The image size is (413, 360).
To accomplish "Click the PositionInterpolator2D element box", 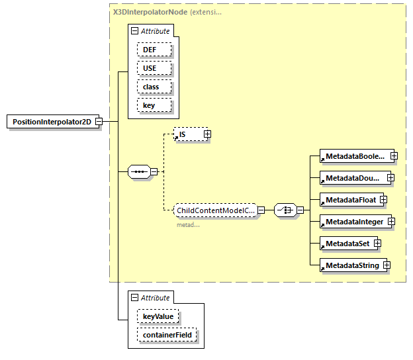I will (x=51, y=122).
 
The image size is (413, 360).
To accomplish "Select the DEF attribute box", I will (x=154, y=50).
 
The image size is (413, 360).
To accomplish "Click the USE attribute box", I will (x=154, y=68).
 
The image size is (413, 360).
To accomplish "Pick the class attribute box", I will (x=154, y=87).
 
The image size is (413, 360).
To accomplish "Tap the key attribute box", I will (x=154, y=105).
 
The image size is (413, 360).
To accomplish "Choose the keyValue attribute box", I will (x=158, y=317).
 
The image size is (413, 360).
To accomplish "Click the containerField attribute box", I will (x=167, y=336).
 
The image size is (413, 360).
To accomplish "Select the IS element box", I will (x=188, y=134).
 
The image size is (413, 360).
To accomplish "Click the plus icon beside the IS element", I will (x=207, y=134).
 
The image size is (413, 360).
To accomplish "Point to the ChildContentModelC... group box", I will (x=215, y=210).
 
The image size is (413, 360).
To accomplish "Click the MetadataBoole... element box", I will (x=353, y=156).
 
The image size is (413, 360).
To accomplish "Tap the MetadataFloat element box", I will (x=349, y=200).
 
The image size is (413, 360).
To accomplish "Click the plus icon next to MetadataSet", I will (x=377, y=244).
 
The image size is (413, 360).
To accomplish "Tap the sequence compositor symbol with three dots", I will (x=138, y=171).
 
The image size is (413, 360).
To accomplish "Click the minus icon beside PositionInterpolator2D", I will (x=98, y=122).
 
